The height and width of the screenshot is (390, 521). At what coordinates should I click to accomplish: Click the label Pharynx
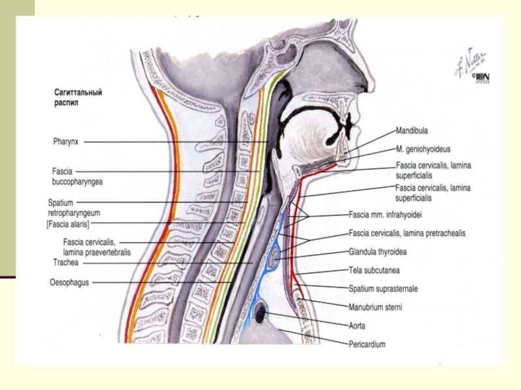tap(66, 140)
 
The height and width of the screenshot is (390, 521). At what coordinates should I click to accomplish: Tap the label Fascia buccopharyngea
tap(77, 176)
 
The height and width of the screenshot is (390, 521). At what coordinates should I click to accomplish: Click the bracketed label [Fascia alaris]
tap(77, 224)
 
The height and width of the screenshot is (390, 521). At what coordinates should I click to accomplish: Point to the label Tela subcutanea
tap(374, 270)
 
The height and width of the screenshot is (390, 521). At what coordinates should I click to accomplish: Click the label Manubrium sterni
tap(375, 307)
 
